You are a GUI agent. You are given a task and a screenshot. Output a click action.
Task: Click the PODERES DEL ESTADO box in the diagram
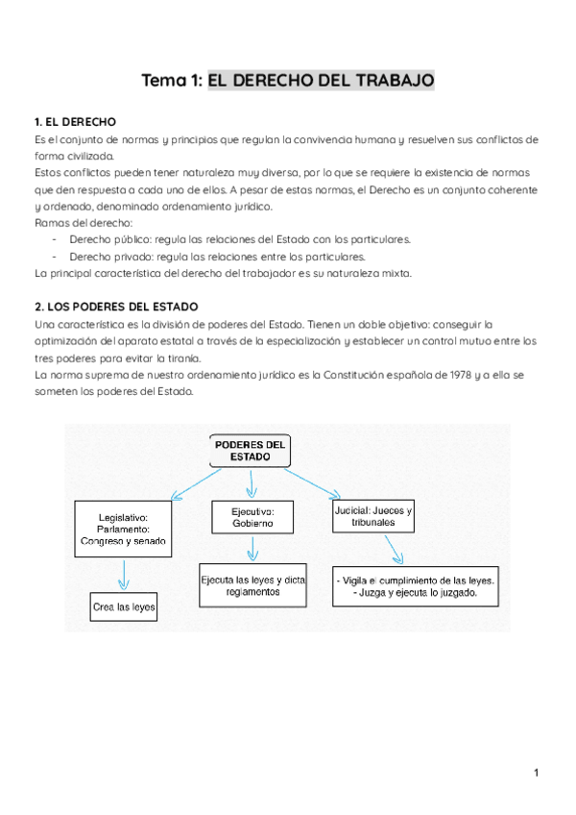pyautogui.click(x=250, y=452)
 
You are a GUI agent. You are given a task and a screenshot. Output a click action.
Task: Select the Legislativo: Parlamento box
pyautogui.click(x=123, y=529)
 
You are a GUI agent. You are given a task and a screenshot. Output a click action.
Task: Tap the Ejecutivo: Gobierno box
pyautogui.click(x=252, y=517)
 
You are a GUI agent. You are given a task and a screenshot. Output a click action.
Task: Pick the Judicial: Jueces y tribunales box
pyautogui.click(x=373, y=517)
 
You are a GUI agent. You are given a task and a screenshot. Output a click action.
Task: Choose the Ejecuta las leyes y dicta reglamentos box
pyautogui.click(x=252, y=586)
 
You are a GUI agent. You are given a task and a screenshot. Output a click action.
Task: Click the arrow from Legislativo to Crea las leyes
pyautogui.click(x=123, y=575)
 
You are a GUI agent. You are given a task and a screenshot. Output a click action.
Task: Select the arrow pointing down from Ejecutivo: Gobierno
pyautogui.click(x=252, y=549)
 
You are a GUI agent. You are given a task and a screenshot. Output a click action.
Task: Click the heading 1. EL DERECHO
pyautogui.click(x=75, y=122)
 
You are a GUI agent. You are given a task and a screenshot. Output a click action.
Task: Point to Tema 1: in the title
pyautogui.click(x=172, y=80)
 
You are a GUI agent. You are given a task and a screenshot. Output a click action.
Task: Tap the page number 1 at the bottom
pyautogui.click(x=538, y=774)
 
